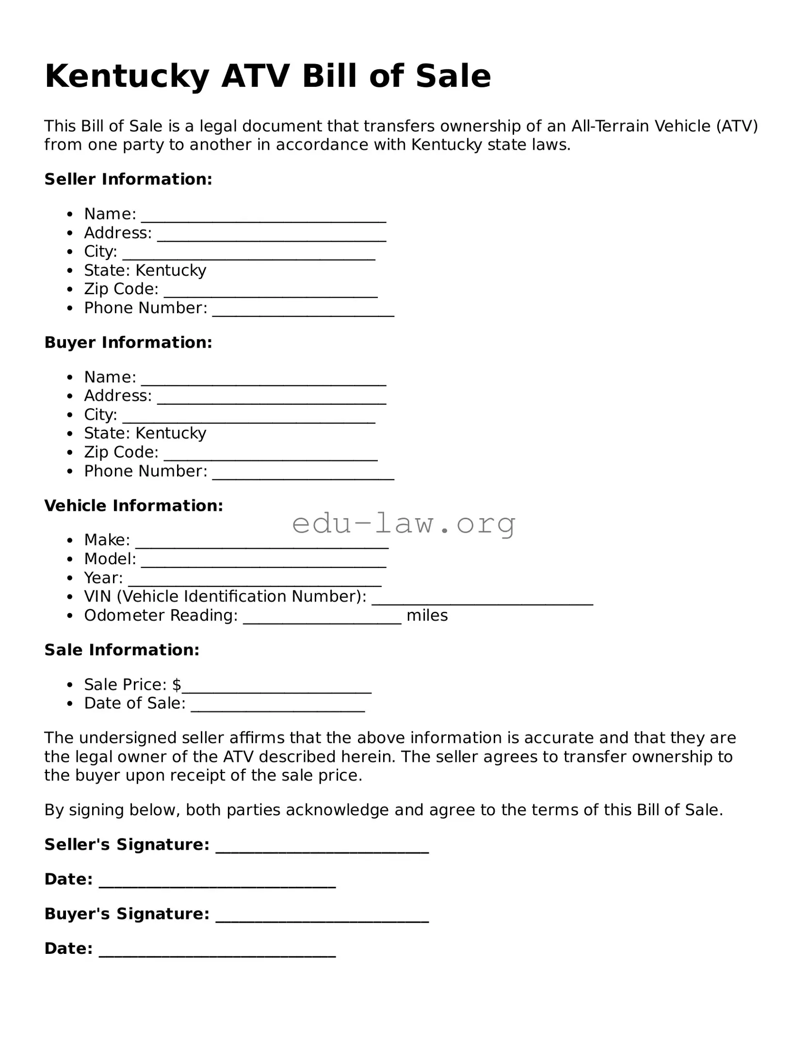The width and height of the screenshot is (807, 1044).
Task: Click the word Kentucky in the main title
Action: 127,77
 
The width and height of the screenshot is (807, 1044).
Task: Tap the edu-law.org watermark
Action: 403,523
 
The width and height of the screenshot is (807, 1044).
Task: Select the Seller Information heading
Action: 129,179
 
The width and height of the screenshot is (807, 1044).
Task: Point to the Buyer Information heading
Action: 129,343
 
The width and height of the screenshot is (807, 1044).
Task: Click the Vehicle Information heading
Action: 134,506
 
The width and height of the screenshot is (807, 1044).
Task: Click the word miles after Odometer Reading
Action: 427,616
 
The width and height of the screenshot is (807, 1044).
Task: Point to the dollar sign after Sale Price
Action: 177,684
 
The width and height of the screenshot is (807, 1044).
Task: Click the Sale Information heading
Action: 122,650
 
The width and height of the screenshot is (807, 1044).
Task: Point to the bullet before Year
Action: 71,578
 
